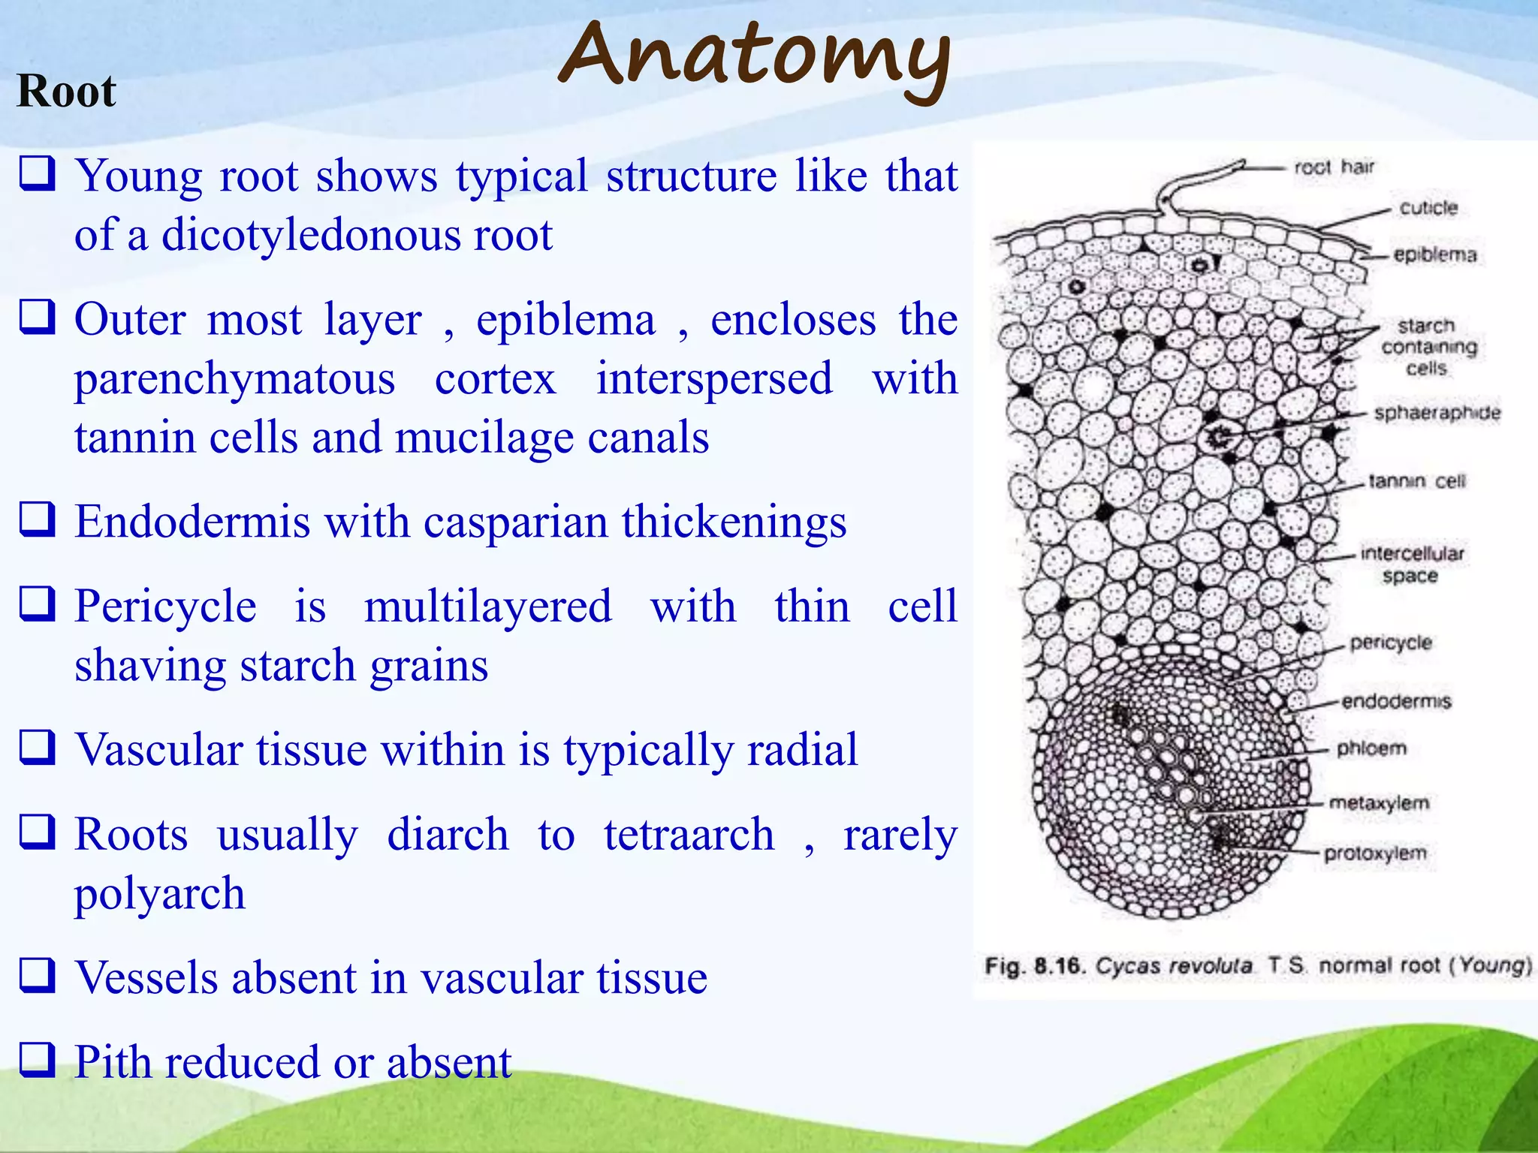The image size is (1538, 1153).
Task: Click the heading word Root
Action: tap(66, 92)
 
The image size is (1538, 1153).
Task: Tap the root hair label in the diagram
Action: tap(1334, 167)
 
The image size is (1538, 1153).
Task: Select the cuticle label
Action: tap(1428, 208)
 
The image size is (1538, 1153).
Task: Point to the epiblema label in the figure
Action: tap(1434, 254)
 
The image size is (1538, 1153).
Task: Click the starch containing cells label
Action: tap(1428, 347)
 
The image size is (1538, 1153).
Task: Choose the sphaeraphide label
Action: tap(1437, 413)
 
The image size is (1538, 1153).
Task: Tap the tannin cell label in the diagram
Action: tap(1416, 480)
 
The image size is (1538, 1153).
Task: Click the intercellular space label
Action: tap(1412, 564)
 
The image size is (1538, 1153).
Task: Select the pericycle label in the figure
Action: tap(1390, 643)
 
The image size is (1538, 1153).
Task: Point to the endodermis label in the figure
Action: tap(1396, 701)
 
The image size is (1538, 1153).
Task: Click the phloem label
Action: tap(1371, 748)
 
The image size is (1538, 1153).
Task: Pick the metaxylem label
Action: tap(1379, 802)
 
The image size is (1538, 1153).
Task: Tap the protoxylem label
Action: tap(1374, 853)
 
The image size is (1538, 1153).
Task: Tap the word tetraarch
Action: tap(689, 834)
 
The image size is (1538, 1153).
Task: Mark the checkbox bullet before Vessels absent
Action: tap(37, 975)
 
